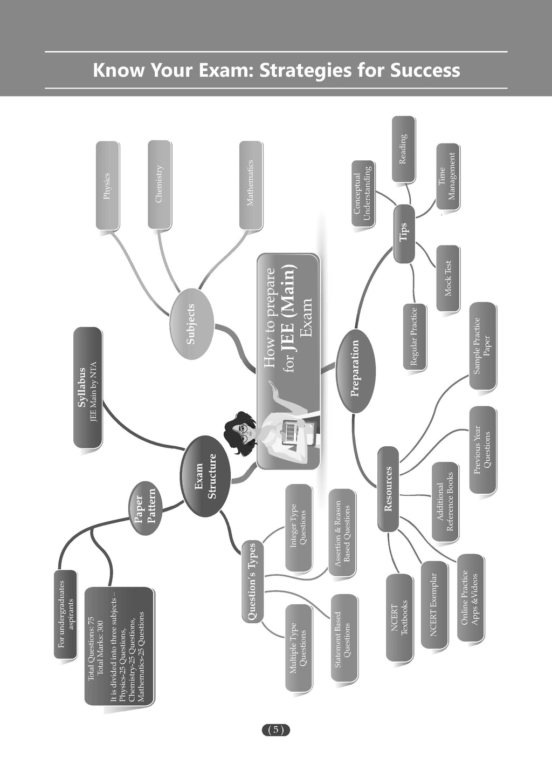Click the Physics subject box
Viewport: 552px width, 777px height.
pyautogui.click(x=106, y=185)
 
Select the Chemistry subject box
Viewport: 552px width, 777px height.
pyautogui.click(x=159, y=183)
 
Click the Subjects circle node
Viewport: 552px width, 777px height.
pyautogui.click(x=190, y=324)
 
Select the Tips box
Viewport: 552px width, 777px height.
pyautogui.click(x=404, y=234)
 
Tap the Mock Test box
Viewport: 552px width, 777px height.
pyautogui.click(x=447, y=278)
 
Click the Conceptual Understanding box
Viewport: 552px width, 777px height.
pyautogui.click(x=362, y=196)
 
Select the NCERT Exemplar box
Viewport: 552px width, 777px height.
pyautogui.click(x=434, y=604)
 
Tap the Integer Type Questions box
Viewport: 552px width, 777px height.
pyautogui.click(x=298, y=527)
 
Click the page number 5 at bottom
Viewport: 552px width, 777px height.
pyautogui.click(x=275, y=730)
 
